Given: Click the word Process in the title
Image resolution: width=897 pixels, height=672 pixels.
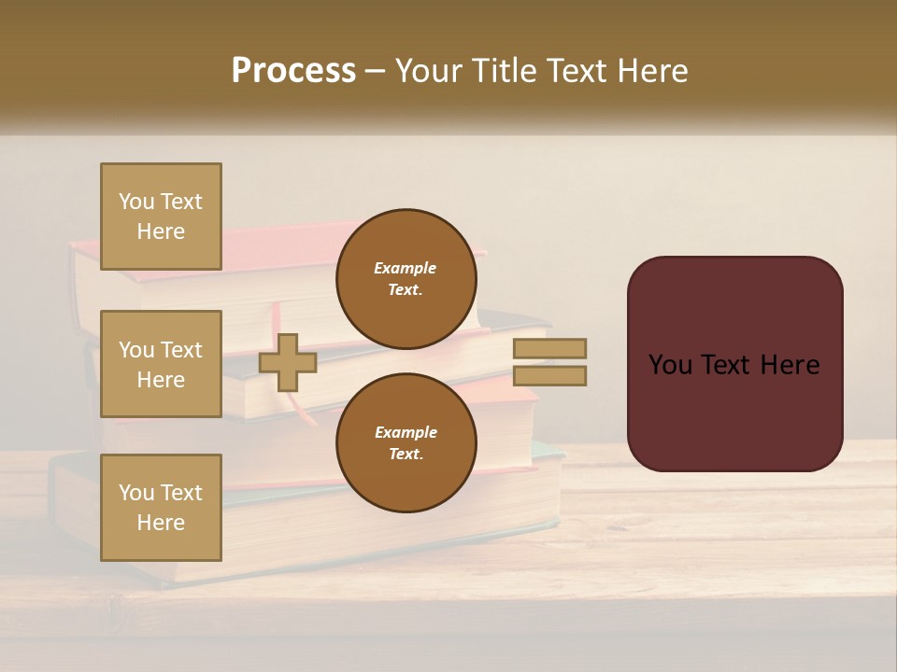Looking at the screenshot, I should (293, 70).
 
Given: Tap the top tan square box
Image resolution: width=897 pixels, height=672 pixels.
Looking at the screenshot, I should (161, 217).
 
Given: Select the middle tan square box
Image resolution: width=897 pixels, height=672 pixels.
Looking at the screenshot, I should (161, 364).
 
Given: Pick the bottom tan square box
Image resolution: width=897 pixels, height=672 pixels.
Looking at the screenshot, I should (161, 508).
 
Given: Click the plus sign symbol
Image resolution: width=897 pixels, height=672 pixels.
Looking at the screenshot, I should (288, 363).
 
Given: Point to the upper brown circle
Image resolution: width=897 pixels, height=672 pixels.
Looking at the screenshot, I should (406, 279).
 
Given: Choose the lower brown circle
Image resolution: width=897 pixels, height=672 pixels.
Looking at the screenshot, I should (406, 443).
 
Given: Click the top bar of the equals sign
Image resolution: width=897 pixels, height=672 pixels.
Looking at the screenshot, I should (549, 349).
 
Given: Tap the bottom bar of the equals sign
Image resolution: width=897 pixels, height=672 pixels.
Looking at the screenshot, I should (549, 375).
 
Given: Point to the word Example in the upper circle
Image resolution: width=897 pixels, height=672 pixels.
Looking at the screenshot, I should (406, 269).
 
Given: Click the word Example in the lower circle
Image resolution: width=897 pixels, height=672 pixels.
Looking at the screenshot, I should (406, 433).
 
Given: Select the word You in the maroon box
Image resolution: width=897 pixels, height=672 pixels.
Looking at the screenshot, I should (670, 365).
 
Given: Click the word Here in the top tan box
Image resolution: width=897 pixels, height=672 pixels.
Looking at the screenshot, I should (161, 231).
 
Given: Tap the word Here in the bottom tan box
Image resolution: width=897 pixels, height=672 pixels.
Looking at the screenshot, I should (161, 523).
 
